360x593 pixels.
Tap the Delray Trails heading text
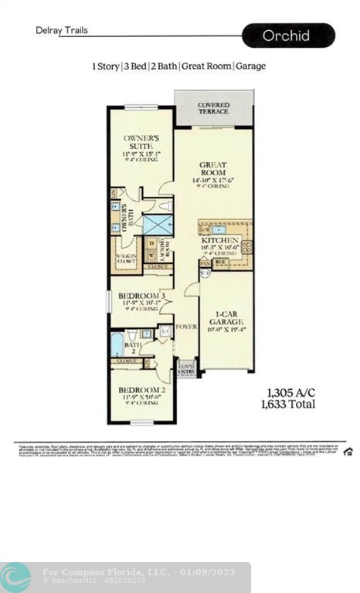tap(62, 31)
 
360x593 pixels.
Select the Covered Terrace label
tap(213, 108)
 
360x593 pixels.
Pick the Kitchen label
tap(219, 241)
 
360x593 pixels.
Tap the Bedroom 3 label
tap(141, 296)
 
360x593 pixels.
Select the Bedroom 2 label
tap(142, 390)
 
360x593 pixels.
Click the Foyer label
tap(186, 327)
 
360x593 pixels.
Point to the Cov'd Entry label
tap(187, 370)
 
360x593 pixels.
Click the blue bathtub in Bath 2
tap(117, 344)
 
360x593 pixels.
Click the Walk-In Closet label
tap(126, 260)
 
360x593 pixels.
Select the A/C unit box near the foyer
tap(164, 331)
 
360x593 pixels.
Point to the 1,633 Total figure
tap(291, 404)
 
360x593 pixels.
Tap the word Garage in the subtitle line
tap(250, 66)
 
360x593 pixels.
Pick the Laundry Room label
tap(165, 250)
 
